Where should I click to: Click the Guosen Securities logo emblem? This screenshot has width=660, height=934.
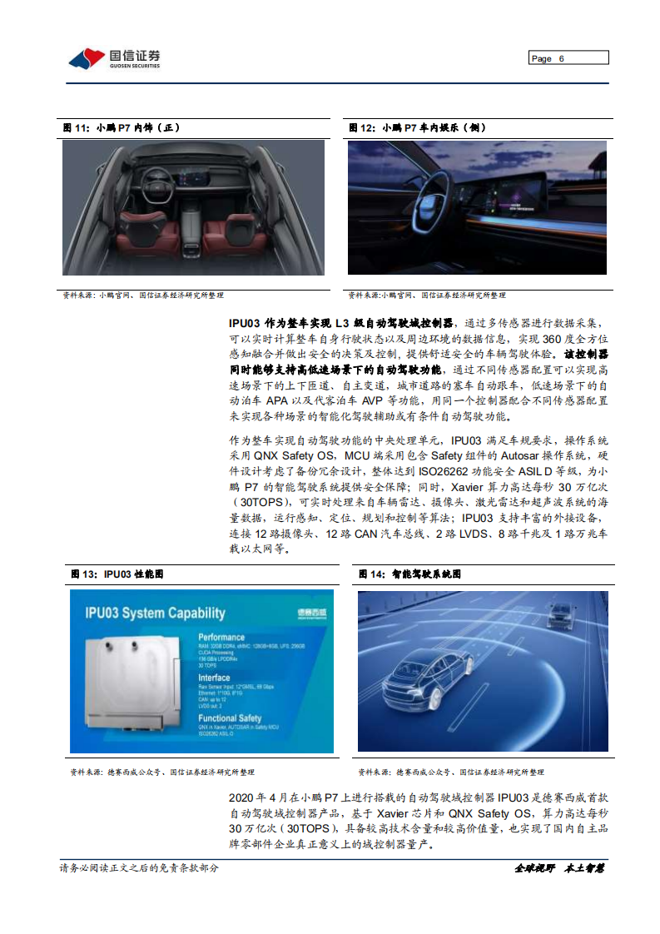[87, 58]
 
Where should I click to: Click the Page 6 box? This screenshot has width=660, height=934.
[568, 58]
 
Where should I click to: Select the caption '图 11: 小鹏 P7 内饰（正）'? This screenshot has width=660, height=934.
[121, 128]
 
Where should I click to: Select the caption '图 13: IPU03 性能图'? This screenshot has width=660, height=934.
[117, 574]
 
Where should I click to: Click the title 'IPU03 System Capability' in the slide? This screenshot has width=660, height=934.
[155, 614]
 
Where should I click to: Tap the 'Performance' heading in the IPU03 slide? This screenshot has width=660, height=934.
[221, 637]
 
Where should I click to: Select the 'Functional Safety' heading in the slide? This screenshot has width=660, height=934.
[230, 718]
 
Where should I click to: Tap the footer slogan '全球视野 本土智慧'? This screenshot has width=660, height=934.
[558, 868]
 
